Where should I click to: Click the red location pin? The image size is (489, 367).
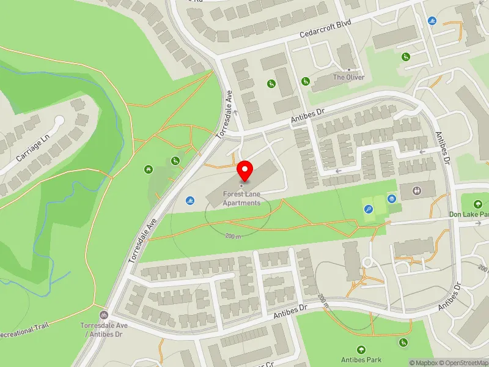[245, 169]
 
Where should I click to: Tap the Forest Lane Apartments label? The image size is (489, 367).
[241, 199]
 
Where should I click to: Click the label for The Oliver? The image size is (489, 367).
[348, 78]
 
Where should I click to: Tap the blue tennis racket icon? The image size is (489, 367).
[369, 209]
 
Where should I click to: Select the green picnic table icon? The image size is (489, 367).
[148, 168]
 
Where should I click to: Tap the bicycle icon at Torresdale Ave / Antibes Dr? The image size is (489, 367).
[103, 314]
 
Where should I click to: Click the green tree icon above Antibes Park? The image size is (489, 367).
[361, 350]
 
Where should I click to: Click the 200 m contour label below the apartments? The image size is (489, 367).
[233, 235]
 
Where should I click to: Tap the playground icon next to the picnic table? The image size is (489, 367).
[175, 161]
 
